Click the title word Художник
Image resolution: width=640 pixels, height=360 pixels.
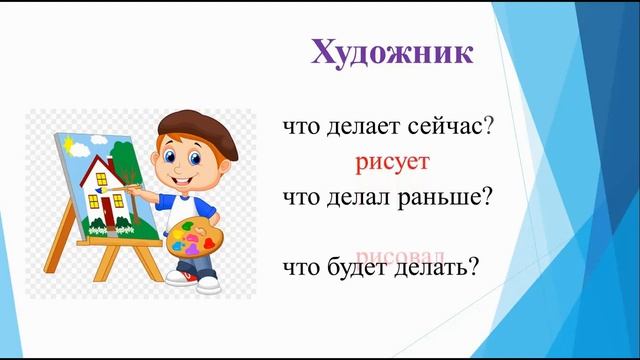pyautogui.click(x=391, y=52)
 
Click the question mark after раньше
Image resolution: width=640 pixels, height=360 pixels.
pyautogui.click(x=491, y=197)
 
